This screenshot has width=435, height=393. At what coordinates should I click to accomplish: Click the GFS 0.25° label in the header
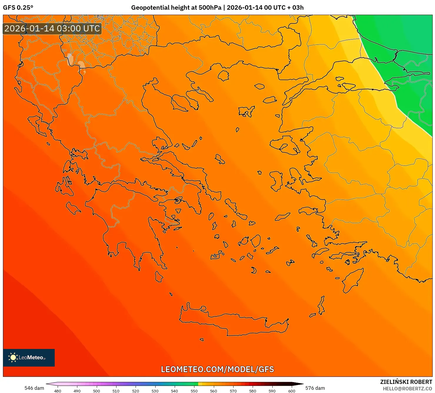18,8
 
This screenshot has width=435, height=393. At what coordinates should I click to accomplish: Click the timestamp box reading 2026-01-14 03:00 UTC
52,28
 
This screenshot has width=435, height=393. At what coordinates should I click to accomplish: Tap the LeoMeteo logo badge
29,357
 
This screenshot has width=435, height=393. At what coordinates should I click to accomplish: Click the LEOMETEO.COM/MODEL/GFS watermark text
217,369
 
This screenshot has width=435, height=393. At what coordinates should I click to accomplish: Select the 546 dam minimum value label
34,388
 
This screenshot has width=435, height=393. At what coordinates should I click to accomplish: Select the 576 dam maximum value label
315,388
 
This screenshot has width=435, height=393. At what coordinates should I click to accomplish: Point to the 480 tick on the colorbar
58,391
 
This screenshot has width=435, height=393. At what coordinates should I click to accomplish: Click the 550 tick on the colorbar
194,391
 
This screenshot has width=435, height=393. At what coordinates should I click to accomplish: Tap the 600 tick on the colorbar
291,391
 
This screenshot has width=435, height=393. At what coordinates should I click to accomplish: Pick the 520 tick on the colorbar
136,391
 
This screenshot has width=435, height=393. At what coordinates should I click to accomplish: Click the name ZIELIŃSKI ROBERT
406,382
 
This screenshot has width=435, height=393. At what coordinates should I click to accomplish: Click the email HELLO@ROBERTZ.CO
407,389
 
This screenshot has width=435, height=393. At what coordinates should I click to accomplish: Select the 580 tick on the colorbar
253,391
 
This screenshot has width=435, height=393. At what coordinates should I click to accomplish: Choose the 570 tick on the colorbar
233,391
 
